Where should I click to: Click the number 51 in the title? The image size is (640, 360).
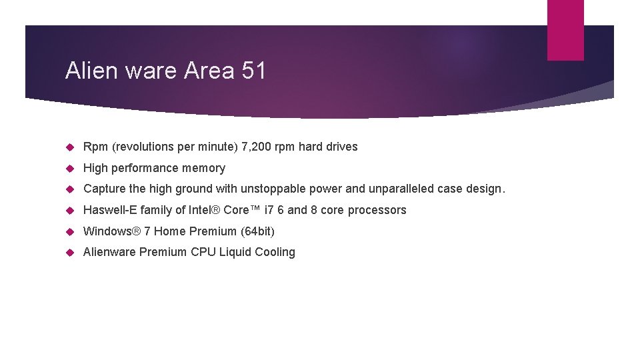pyautogui.click(x=253, y=71)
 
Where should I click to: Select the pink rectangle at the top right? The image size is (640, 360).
pyautogui.click(x=565, y=29)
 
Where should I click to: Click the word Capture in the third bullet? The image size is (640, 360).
pyautogui.click(x=104, y=189)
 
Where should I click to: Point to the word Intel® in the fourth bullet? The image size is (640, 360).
pyautogui.click(x=202, y=210)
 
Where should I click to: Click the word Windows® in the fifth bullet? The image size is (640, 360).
pyautogui.click(x=111, y=231)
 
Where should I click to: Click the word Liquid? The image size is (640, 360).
pyautogui.click(x=235, y=252)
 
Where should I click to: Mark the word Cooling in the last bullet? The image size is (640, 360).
pyautogui.click(x=275, y=252)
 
